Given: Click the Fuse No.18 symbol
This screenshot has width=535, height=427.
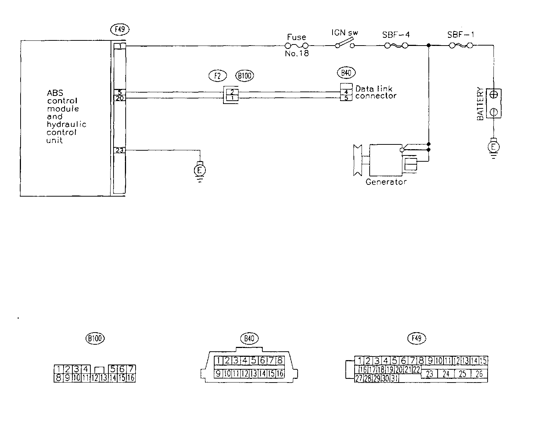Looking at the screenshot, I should [297, 46].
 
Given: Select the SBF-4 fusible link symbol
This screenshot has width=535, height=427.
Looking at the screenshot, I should [396, 46].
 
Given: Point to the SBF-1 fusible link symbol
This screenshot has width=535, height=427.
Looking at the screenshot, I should [461, 46].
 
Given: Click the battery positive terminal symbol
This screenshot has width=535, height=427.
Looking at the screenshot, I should [494, 94].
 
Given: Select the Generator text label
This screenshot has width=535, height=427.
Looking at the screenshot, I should [386, 182].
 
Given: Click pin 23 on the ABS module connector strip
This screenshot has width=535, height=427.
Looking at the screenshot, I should [120, 150].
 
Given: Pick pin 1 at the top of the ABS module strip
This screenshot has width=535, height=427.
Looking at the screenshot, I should [120, 46].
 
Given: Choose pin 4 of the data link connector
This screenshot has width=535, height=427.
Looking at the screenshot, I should [346, 92].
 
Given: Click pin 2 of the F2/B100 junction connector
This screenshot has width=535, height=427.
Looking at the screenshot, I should [232, 92].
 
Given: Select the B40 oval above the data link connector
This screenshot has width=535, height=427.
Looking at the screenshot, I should [346, 73].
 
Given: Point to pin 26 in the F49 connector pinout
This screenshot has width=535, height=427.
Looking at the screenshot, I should [479, 374].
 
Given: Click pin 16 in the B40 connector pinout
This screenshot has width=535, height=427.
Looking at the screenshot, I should [280, 374].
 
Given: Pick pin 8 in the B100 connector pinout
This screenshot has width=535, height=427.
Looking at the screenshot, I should [58, 377].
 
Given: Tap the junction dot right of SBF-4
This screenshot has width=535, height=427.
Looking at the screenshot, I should [428, 46].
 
